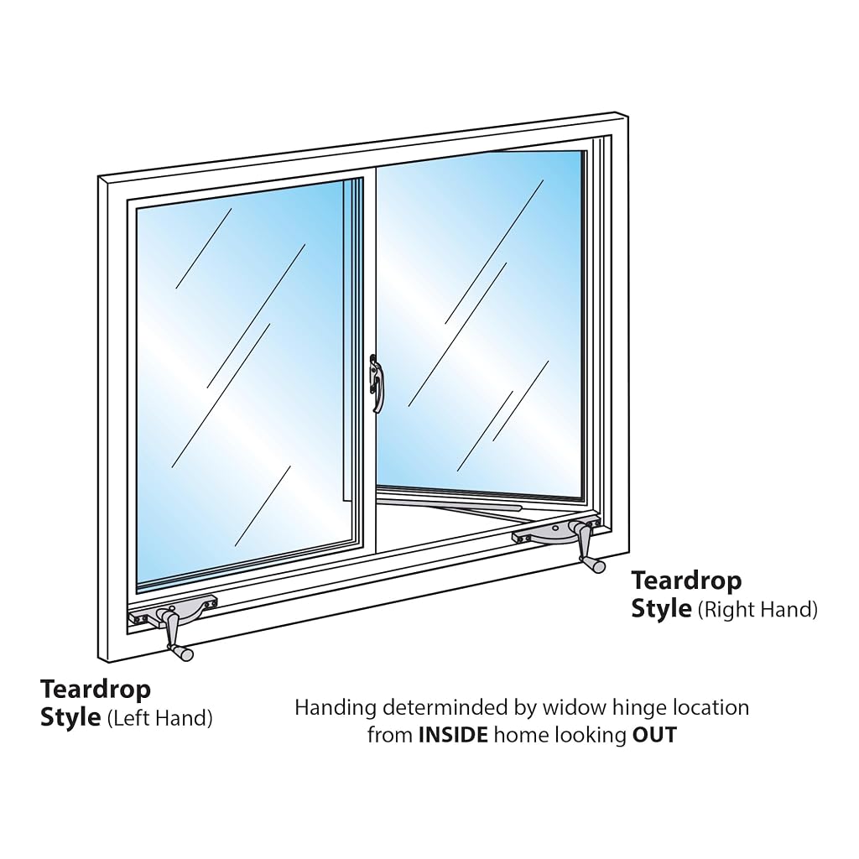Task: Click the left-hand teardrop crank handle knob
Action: tap(182, 652)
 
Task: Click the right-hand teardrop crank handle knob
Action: tap(595, 565)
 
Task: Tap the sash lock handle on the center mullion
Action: tap(375, 383)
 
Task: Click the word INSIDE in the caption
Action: tap(452, 735)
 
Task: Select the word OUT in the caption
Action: tap(654, 735)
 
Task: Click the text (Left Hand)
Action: tap(160, 718)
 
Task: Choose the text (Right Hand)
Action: tap(757, 609)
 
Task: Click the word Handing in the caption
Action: tap(336, 708)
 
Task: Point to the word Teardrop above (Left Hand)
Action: tap(96, 690)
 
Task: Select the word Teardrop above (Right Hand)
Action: tap(686, 581)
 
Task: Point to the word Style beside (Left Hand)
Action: tap(70, 718)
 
